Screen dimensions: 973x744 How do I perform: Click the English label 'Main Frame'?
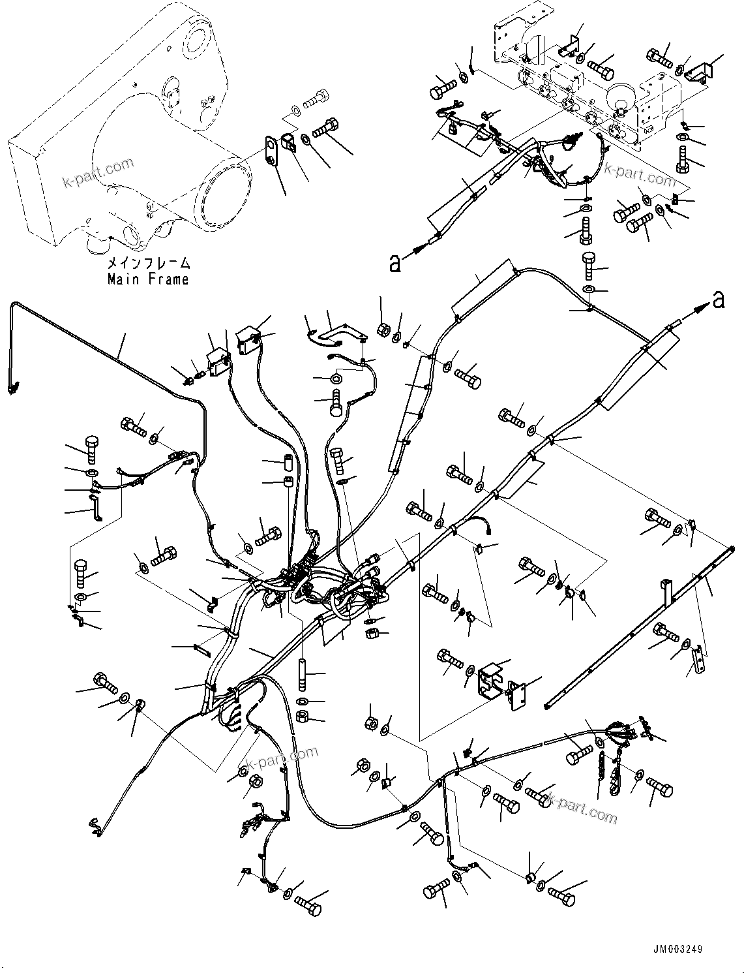pos(148,279)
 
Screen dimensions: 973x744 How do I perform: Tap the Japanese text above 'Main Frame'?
pos(149,264)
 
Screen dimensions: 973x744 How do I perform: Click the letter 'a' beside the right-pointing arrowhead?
pos(719,300)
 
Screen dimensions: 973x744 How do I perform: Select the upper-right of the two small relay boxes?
pos(248,340)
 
